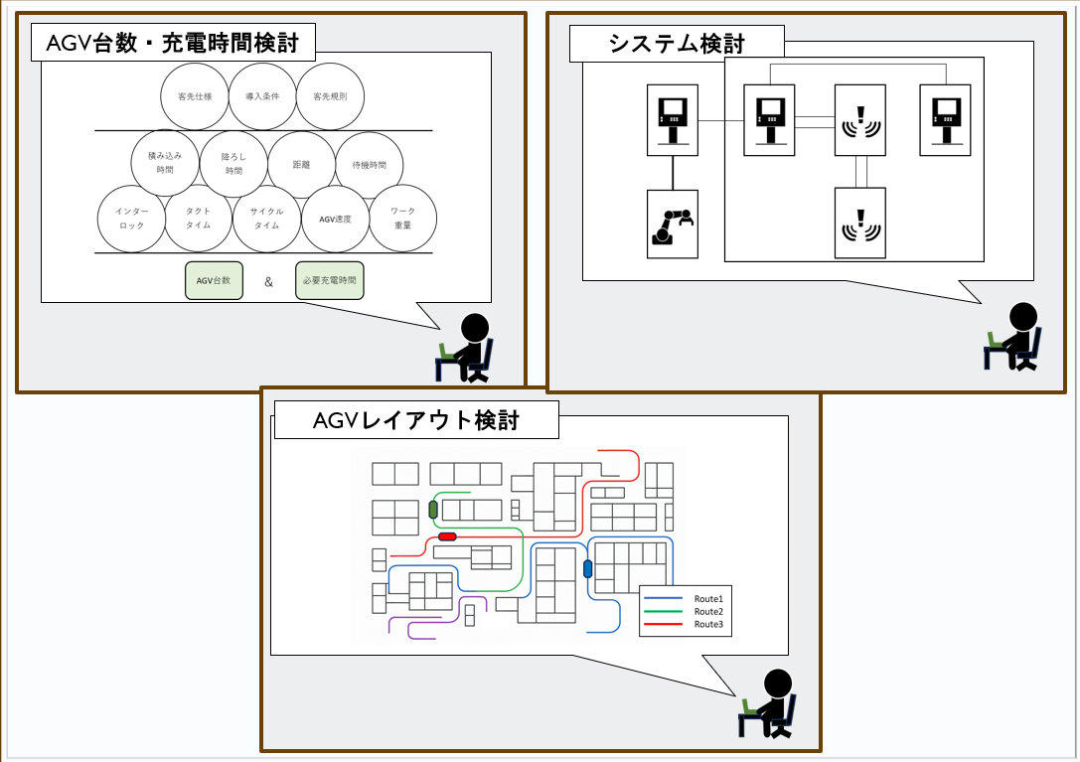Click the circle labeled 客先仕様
195,96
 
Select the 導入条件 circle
262,96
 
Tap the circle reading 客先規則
330,96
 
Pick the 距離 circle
301,165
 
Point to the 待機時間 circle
369,165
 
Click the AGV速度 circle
335,219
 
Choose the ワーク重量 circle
402,219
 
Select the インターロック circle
130,219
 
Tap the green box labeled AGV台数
214,280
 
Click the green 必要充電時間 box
330,280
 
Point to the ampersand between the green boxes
268,281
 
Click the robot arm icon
673,225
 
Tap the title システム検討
677,43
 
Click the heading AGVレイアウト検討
416,421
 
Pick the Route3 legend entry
708,625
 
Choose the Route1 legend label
708,598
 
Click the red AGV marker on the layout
447,536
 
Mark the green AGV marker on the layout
433,510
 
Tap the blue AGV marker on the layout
587,568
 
